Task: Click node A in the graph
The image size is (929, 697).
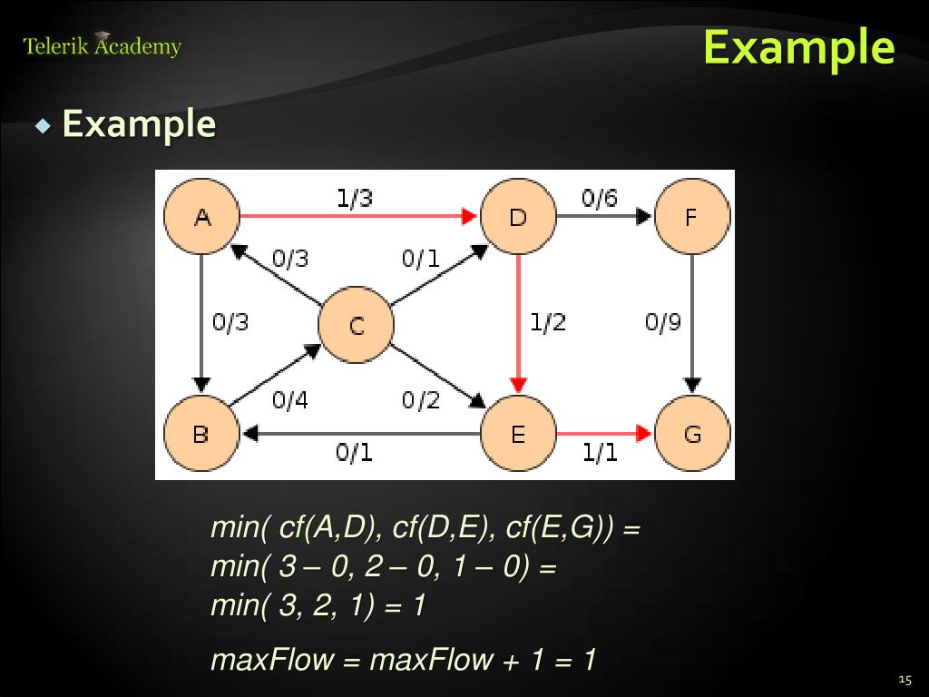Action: coord(201,217)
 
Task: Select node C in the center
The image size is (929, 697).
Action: coord(356,325)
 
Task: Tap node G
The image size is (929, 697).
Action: coord(692,434)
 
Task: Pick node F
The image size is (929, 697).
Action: coord(691,217)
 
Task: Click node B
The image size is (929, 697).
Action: coord(200,434)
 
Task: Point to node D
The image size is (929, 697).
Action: coord(517,217)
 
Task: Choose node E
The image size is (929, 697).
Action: coord(517,434)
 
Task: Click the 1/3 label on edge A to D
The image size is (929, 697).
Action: coord(354,198)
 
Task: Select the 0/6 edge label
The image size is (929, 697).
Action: coord(600,198)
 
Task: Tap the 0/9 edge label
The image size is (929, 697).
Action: coord(663,322)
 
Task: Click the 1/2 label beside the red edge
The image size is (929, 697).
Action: coord(548,322)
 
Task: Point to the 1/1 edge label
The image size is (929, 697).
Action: coord(600,452)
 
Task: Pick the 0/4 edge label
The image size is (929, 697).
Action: coord(290,399)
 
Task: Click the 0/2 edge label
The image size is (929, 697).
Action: coord(420,399)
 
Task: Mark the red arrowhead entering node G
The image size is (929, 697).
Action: coord(645,434)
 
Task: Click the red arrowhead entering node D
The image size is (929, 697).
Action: coord(470,217)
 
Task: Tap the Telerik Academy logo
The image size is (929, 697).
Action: coord(103,45)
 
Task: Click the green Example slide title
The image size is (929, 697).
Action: coord(798,47)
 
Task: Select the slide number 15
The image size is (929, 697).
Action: coord(904,680)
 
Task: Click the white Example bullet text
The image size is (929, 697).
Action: coord(139,123)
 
